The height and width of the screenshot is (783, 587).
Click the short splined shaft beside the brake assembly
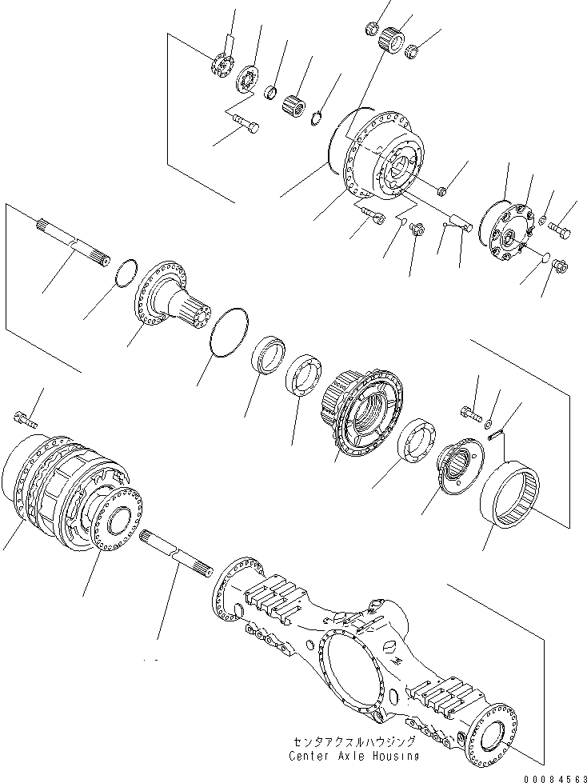coord(175,553)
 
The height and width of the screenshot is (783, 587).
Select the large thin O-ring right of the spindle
coord(230,328)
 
